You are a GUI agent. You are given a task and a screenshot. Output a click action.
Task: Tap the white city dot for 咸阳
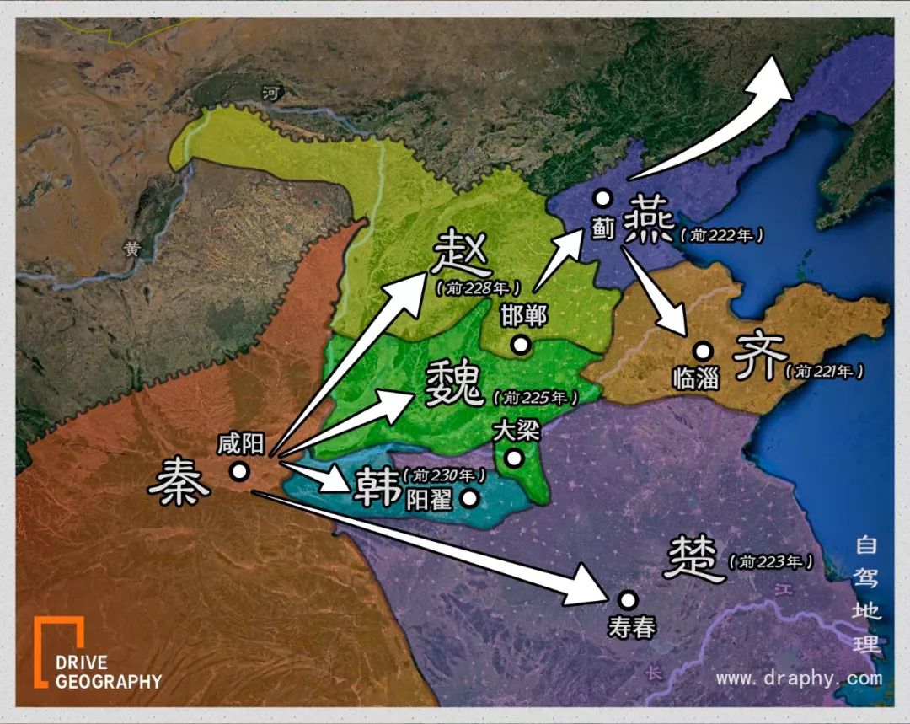[239, 472]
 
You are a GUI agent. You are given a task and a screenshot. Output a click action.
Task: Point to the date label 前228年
[478, 287]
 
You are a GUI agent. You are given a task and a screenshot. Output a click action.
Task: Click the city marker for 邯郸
[521, 344]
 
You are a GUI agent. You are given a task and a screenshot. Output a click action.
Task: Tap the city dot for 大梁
[512, 459]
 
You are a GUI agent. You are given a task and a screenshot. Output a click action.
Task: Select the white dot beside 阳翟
[470, 498]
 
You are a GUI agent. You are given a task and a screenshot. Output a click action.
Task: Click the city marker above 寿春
[627, 599]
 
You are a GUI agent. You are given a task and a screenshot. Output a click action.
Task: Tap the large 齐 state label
[759, 357]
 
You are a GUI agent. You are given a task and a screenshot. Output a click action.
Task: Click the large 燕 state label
[650, 223]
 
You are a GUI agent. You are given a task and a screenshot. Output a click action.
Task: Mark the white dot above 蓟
[602, 198]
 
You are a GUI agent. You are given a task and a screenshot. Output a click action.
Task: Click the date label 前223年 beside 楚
[773, 561]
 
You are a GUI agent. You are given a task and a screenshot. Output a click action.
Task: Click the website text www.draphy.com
[799, 678]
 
